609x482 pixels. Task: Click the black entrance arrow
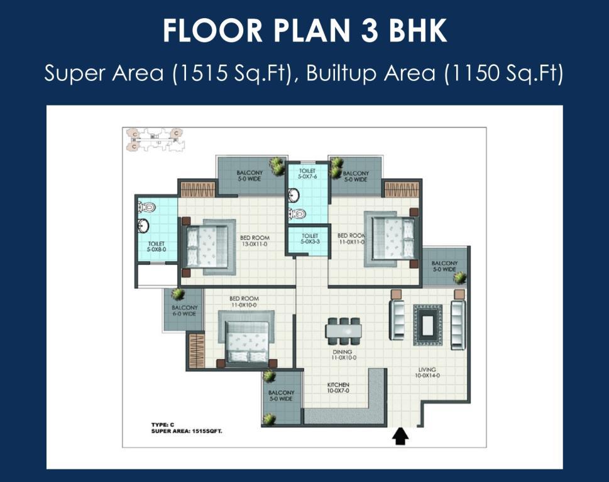click(400, 436)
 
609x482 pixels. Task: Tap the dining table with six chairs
click(343, 331)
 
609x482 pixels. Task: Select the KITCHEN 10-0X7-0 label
click(338, 388)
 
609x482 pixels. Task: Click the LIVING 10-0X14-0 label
click(427, 373)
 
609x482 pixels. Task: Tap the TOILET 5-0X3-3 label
click(310, 239)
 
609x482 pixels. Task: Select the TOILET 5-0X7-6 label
click(307, 174)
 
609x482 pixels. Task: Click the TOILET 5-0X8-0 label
click(156, 247)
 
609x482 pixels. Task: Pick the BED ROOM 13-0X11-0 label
click(255, 241)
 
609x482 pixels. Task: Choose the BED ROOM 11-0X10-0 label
click(244, 302)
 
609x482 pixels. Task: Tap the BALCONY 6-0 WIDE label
click(185, 311)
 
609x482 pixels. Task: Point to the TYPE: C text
click(163, 425)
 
